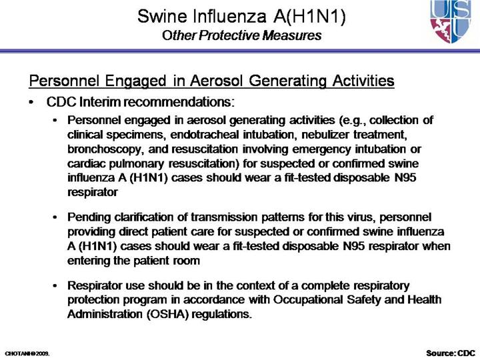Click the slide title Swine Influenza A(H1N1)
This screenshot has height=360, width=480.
(241, 16)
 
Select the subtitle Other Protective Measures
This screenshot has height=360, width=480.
(241, 35)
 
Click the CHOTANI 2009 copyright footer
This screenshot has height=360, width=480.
(27, 351)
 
